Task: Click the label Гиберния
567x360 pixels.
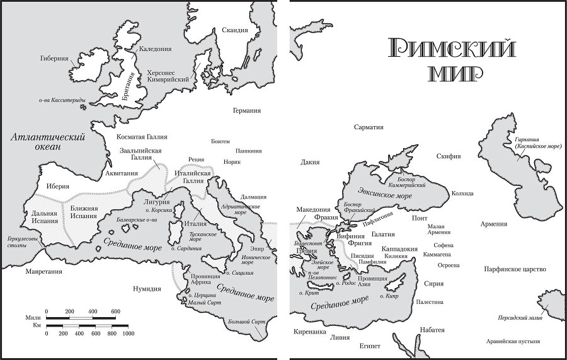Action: (54, 59)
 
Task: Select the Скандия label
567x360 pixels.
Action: (235, 30)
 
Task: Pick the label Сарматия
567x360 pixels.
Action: (369, 127)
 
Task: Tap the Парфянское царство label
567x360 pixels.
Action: (515, 269)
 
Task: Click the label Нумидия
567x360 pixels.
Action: (147, 289)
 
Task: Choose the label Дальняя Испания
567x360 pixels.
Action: (44, 218)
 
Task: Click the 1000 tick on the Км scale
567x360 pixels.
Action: (128, 333)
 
